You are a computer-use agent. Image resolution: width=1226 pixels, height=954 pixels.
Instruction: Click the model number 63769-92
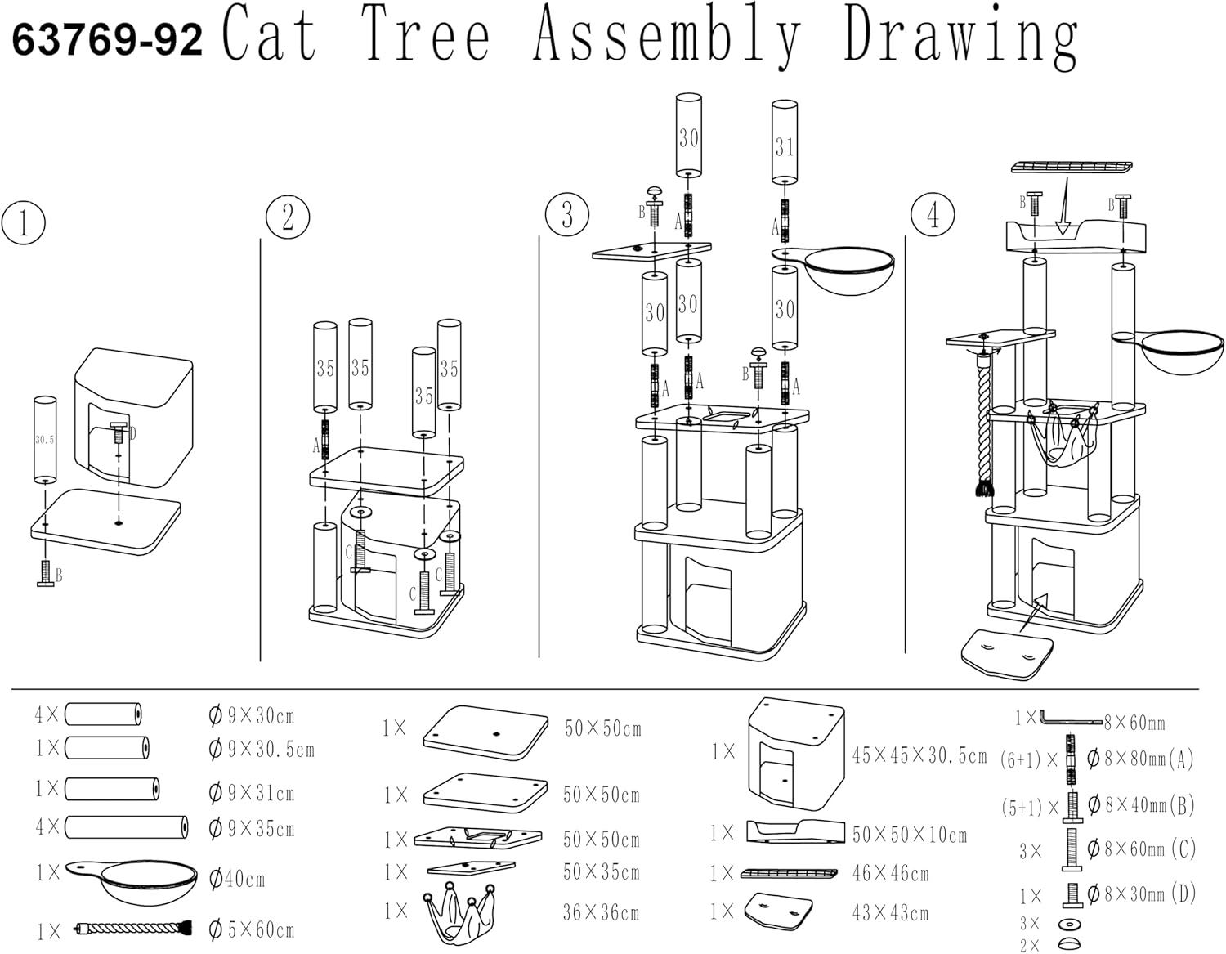107,39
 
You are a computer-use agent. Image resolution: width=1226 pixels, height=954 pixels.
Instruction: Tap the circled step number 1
23,222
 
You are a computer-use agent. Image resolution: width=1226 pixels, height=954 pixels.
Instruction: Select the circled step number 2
288,217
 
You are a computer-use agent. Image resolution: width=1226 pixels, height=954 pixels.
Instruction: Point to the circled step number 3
567,214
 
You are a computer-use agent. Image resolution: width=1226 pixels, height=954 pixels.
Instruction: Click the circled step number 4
933,214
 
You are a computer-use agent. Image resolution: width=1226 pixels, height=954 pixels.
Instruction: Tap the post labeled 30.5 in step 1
44,441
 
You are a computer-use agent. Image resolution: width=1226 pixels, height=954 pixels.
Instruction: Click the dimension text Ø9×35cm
252,828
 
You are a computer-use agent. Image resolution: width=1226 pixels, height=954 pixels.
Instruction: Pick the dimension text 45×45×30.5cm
919,755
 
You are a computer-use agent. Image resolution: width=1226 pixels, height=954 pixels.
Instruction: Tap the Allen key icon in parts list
1070,719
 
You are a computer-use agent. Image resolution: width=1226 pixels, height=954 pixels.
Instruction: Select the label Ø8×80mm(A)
1140,759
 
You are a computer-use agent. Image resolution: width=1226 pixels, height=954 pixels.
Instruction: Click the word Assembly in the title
667,38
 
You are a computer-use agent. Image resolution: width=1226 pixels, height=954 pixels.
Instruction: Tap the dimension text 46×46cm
890,874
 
